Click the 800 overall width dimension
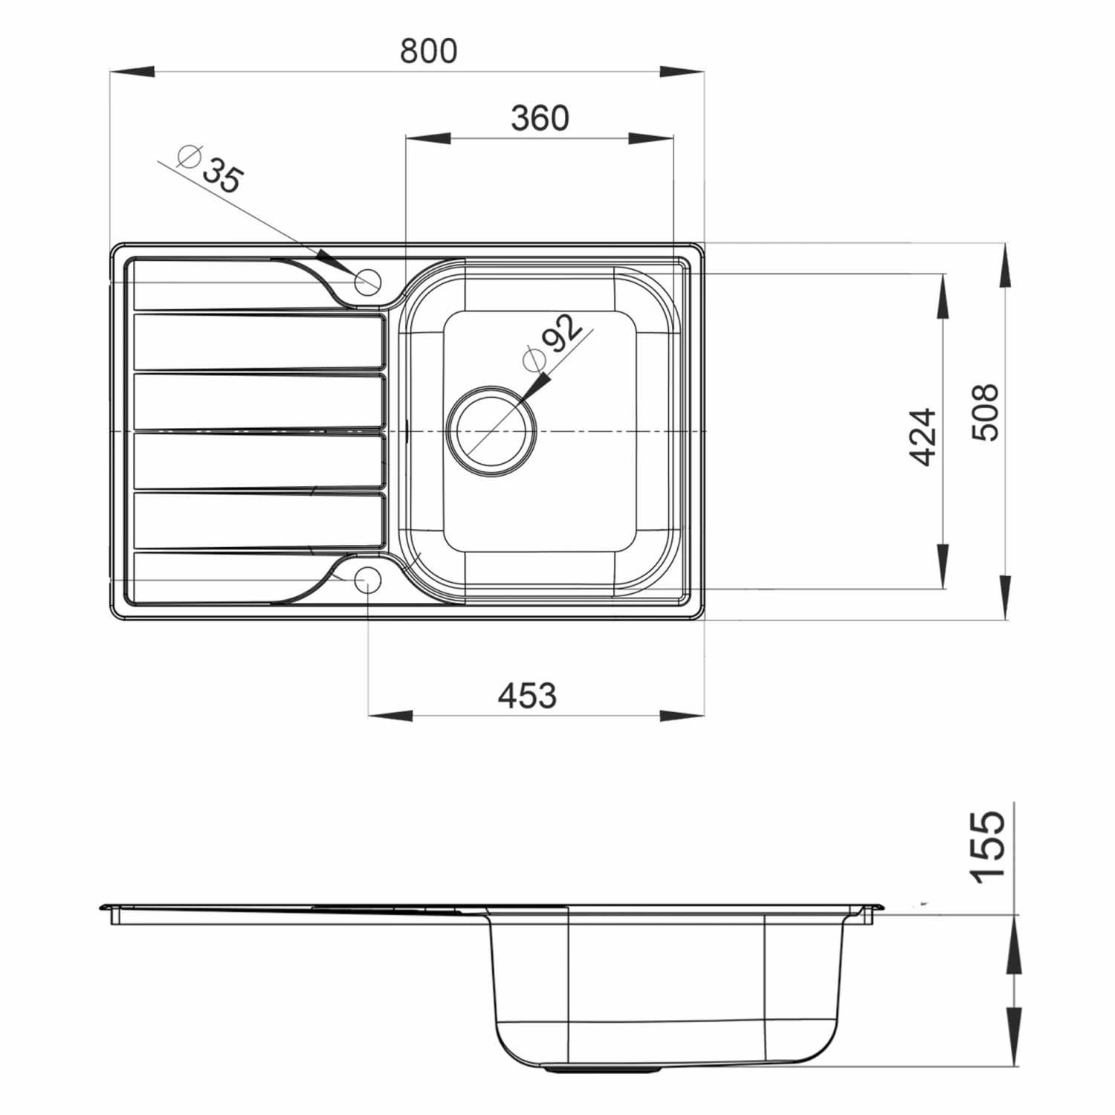pyautogui.click(x=428, y=51)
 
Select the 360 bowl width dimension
pyautogui.click(x=540, y=118)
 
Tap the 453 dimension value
pyautogui.click(x=526, y=696)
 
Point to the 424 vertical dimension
pyautogui.click(x=924, y=436)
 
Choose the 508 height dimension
pyautogui.click(x=986, y=413)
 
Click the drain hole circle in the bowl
pyautogui.click(x=491, y=431)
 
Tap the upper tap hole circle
pyautogui.click(x=368, y=282)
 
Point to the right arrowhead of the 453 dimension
pyautogui.click(x=682, y=716)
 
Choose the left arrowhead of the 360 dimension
pyautogui.click(x=428, y=138)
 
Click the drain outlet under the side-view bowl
pyautogui.click(x=602, y=1069)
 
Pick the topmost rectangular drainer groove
pyautogui.click(x=259, y=341)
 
